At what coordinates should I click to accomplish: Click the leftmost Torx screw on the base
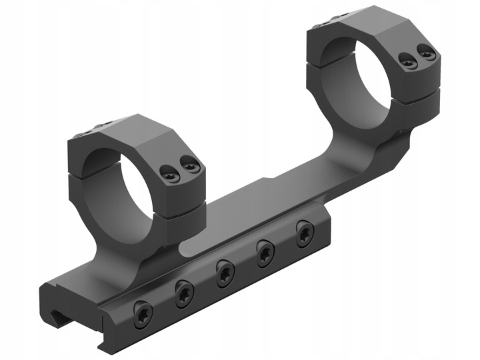coord(143,313)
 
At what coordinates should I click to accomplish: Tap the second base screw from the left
coord(184,293)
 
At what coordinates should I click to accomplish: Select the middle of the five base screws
coord(223,273)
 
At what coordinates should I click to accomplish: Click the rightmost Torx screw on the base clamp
coord(305,233)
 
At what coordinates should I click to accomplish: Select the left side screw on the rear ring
coord(407,62)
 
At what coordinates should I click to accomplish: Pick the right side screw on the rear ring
coord(427,51)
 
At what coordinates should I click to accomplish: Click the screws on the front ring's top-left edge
coord(87,130)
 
